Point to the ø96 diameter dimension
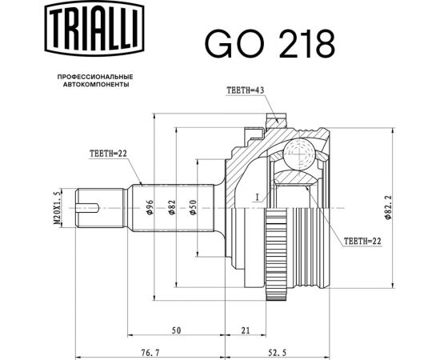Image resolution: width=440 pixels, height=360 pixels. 150,208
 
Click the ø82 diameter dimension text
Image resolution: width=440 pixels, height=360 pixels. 171,208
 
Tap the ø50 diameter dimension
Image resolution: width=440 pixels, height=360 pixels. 194,208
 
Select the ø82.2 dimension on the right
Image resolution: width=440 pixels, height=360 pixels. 387,206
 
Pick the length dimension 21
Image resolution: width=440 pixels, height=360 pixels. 245,330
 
